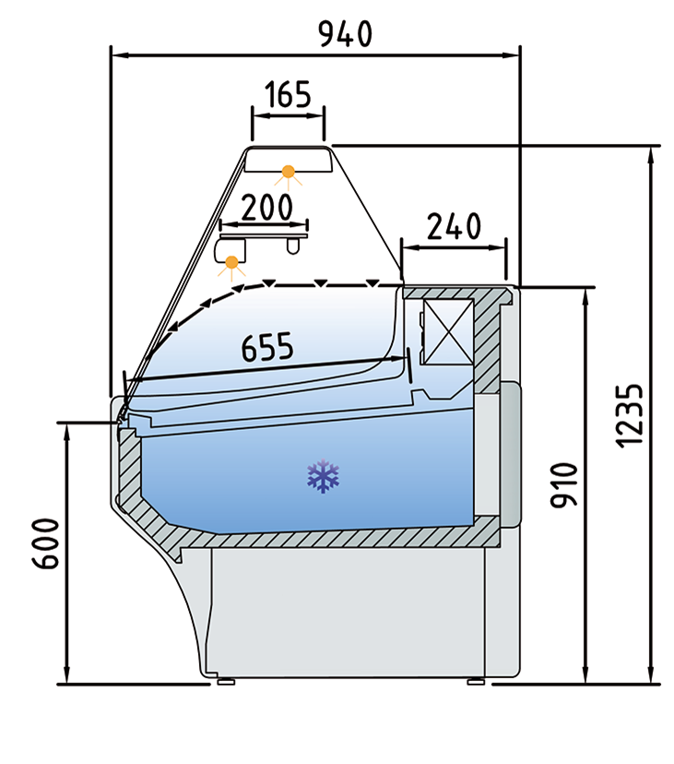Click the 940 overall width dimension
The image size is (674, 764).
coord(346,34)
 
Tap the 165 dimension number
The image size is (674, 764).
coord(289,95)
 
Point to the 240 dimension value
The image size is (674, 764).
coord(455,226)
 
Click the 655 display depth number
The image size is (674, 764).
coord(267,347)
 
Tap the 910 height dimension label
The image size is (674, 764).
coord(565,484)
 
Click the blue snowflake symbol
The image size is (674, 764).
coord(324,476)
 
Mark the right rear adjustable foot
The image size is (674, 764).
coord(475,682)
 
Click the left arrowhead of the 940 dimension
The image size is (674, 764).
coord(117,55)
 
